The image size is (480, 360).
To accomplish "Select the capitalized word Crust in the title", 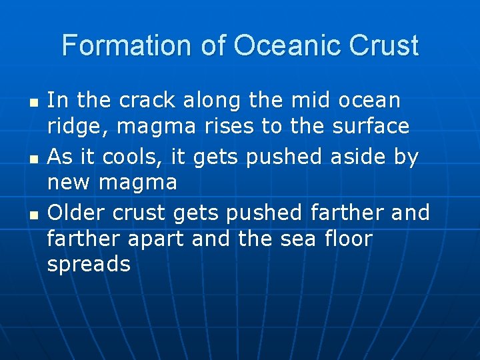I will click(x=383, y=46).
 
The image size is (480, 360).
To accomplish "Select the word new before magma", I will click(x=69, y=182).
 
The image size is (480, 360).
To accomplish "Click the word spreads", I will click(x=89, y=265).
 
